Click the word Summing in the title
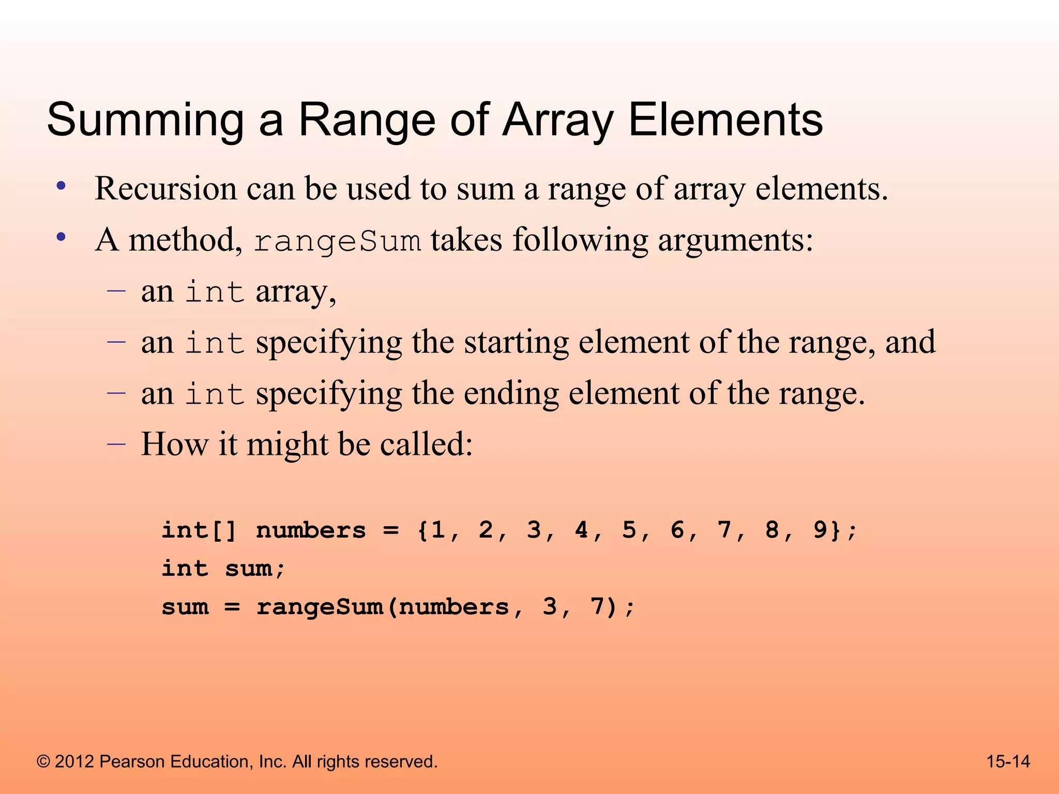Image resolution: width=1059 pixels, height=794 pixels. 145,120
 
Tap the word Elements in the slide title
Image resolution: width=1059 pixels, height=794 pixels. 725,119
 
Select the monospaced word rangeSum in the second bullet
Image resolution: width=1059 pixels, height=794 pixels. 338,241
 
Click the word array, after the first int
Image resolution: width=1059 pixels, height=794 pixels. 296,292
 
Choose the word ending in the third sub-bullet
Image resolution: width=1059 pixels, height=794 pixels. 511,394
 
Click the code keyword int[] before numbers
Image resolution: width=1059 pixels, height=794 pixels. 199,530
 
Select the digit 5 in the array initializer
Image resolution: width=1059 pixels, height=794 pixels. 629,530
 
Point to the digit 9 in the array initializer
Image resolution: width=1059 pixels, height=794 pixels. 820,530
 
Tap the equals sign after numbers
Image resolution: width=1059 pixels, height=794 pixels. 391,531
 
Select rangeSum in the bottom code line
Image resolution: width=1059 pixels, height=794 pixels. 320,607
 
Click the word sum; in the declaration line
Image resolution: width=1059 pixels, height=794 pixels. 255,569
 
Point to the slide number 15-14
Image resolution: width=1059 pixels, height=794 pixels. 1008,761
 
